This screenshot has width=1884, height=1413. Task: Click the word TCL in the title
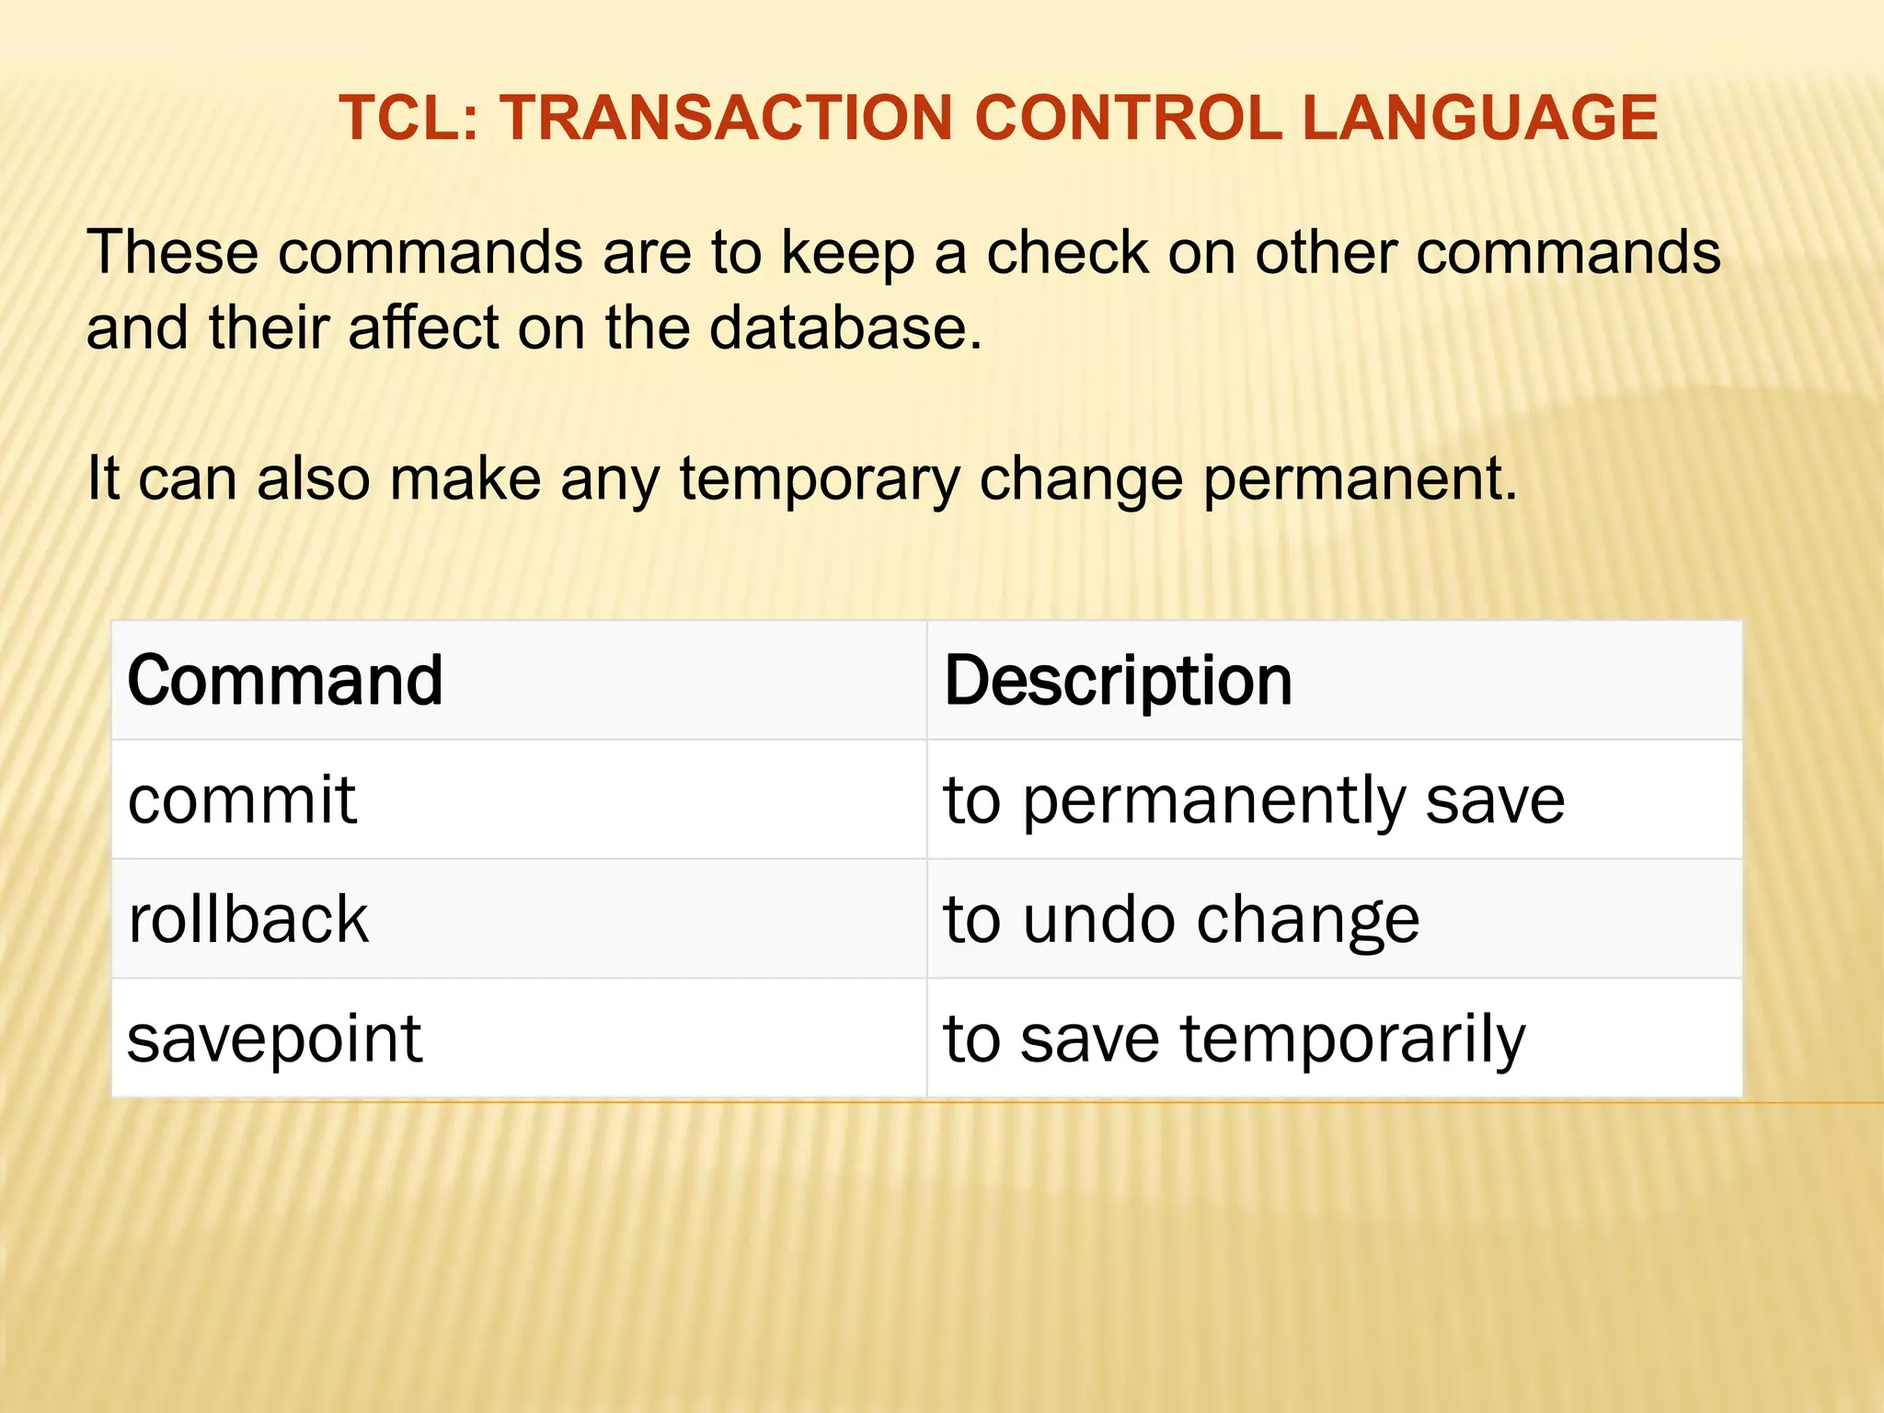(x=402, y=119)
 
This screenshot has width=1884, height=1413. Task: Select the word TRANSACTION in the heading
(x=726, y=119)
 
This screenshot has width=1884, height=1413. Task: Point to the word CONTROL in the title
(x=1128, y=119)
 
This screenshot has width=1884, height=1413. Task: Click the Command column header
(x=285, y=681)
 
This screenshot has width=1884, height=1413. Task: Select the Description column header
(x=1118, y=681)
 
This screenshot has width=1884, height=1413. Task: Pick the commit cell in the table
(x=241, y=799)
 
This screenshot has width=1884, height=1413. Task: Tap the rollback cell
(x=248, y=919)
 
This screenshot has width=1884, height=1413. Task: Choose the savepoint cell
(x=274, y=1039)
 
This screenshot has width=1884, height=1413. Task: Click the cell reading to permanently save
(x=1253, y=799)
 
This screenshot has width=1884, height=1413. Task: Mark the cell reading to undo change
(x=1181, y=919)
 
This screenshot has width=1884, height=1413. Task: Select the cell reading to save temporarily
(x=1234, y=1039)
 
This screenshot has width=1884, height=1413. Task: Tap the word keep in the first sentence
(x=847, y=252)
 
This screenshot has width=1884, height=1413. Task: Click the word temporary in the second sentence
(x=819, y=479)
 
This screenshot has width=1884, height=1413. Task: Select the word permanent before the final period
(x=1352, y=479)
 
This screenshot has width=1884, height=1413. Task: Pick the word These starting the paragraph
(x=172, y=252)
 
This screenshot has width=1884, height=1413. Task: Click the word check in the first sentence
(x=1067, y=252)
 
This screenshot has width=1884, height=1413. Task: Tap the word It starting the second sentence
(x=103, y=479)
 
